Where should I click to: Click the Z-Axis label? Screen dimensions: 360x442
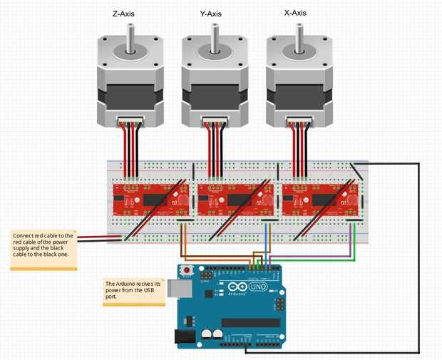click(130, 14)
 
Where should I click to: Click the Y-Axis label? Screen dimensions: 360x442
click(214, 14)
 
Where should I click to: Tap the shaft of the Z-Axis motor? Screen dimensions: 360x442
click(130, 38)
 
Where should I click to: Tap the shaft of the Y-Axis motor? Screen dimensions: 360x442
click(214, 38)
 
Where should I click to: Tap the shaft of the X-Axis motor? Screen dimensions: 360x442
click(299, 38)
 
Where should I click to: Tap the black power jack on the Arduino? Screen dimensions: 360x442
click(184, 336)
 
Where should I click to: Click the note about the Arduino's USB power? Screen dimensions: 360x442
click(133, 290)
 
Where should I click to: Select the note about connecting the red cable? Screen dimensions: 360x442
click(43, 249)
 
